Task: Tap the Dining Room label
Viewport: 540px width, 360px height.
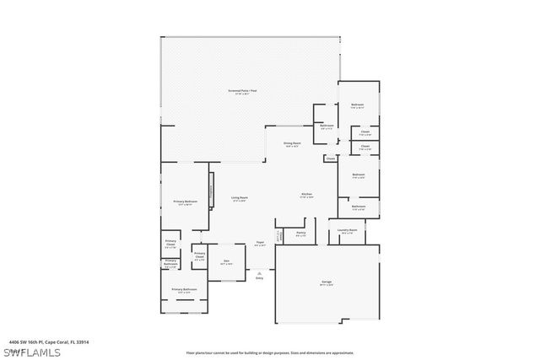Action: [x=292, y=144]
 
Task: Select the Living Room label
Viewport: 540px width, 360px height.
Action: [x=239, y=199]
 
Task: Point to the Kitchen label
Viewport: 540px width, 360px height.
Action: [x=306, y=195]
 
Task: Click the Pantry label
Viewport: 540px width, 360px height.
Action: [x=300, y=234]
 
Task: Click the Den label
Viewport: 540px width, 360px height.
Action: [x=226, y=262]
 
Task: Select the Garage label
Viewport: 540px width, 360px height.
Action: [x=326, y=282]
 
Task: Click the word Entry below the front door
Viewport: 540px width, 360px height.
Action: [x=260, y=278]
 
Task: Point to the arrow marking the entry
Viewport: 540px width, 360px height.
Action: [x=260, y=271]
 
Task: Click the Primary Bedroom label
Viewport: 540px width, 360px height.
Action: [x=185, y=202]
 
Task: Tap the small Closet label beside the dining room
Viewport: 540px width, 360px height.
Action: [x=330, y=158]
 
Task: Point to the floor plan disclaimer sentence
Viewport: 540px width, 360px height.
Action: [x=270, y=352]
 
